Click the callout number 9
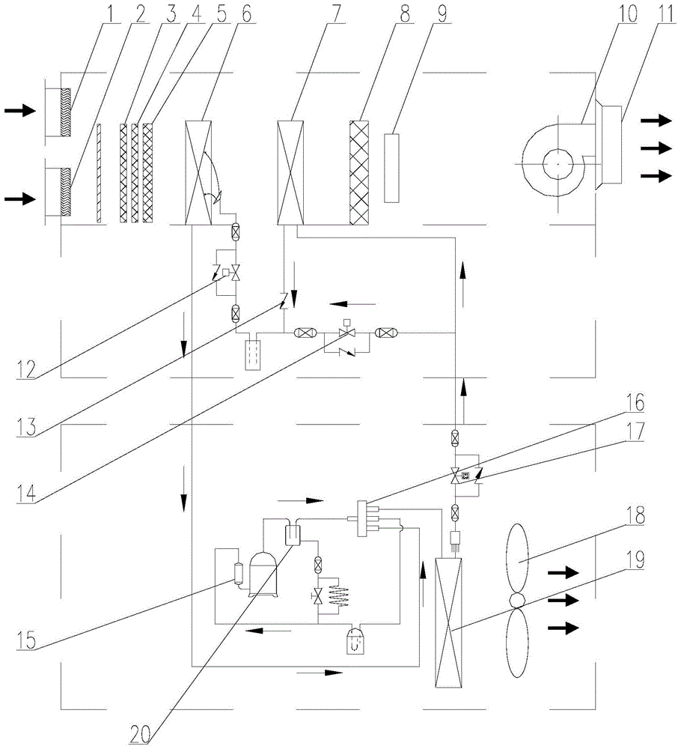(442, 13)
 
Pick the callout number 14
(26, 493)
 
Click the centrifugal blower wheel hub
(558, 164)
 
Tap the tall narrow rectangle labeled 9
(391, 168)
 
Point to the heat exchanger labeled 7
(290, 172)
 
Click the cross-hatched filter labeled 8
(359, 172)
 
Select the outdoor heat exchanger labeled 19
(448, 623)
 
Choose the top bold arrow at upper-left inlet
(20, 111)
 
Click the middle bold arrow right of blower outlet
(656, 148)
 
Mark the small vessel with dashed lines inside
(252, 354)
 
